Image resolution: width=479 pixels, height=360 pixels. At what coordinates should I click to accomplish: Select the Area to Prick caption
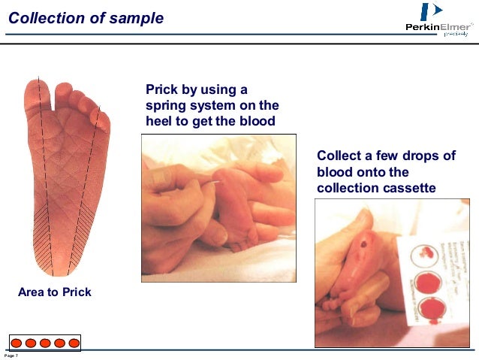pos(55,292)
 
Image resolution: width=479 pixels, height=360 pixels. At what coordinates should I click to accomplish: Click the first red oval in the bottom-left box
pos(16,343)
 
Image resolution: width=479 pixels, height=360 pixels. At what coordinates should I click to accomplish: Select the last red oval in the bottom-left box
pos(74,343)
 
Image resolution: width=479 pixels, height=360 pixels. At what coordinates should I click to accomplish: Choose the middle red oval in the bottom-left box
pos(45,343)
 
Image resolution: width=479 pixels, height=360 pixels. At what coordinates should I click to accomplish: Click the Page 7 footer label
pos(11,355)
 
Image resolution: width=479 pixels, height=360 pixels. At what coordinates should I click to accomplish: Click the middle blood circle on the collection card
pos(428,283)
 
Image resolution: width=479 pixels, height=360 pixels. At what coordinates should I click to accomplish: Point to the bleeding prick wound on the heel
pos(366,244)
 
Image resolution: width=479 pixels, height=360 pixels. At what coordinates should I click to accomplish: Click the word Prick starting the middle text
pos(162,90)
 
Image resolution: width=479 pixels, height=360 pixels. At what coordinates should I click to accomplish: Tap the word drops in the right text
pos(411,156)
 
